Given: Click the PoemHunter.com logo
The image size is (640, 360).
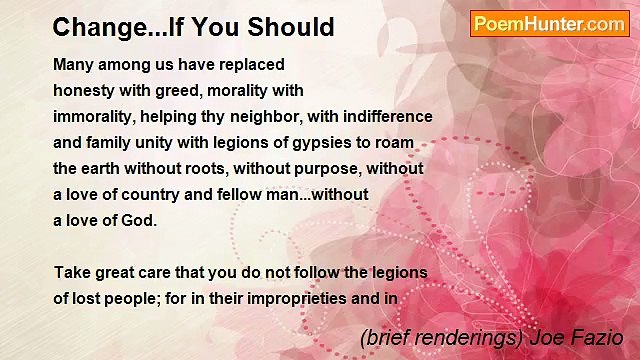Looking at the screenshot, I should (549, 24).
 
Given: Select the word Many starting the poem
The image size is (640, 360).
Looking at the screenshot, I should (74, 65).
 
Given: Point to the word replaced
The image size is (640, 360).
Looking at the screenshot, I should (250, 65).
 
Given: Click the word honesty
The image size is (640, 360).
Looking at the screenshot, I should (85, 91).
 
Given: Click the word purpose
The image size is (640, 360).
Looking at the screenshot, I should (324, 169).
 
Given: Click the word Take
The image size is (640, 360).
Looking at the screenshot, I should (72, 272).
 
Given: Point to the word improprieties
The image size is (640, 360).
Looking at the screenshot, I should (324, 298).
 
